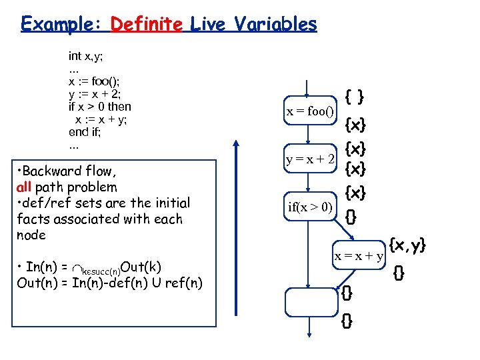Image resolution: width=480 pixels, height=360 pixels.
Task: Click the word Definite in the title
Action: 146,25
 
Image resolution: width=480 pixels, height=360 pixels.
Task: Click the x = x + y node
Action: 359,256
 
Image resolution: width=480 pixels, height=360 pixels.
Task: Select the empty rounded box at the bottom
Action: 310,302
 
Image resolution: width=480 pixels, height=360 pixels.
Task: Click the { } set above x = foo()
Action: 354,97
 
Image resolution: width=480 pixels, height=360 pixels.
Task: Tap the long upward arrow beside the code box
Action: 237,227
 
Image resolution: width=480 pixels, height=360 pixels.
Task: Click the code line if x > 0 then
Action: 100,107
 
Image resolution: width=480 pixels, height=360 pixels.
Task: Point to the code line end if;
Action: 87,132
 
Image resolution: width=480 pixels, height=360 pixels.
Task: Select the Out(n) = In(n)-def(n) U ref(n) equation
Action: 109,283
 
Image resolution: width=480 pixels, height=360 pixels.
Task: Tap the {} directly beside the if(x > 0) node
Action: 351,216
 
